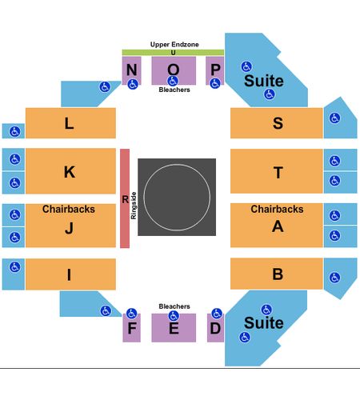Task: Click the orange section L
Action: (x=70, y=123)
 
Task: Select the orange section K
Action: (x=70, y=171)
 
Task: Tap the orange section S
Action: (x=277, y=123)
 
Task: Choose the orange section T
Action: (x=277, y=171)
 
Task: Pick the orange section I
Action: (x=70, y=274)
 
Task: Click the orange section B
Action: (x=277, y=274)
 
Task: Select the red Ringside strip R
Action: (x=125, y=198)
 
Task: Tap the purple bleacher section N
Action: (x=131, y=70)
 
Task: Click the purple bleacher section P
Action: (x=214, y=70)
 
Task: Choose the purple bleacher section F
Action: (x=131, y=328)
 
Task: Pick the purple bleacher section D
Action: (x=215, y=328)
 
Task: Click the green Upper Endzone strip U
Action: (x=173, y=53)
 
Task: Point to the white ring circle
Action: (x=177, y=164)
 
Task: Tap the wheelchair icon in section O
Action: (x=173, y=81)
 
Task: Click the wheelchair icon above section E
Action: (x=174, y=316)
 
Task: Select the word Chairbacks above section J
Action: (x=69, y=209)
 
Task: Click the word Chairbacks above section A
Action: (x=277, y=209)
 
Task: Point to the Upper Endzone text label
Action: (x=174, y=44)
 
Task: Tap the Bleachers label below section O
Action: (x=174, y=90)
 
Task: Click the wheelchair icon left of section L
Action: (x=14, y=131)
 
